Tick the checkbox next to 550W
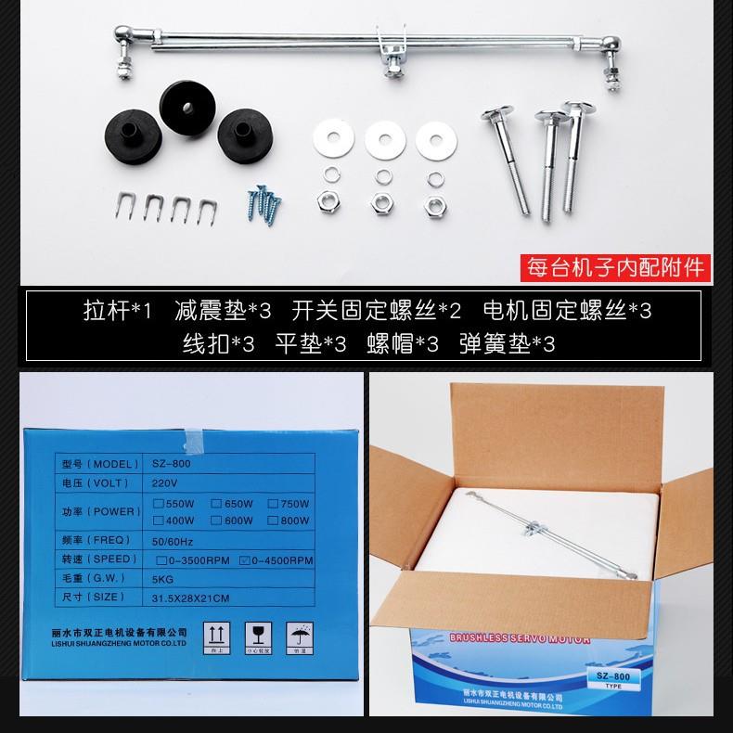pos(159,503)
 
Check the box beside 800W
pos(274,521)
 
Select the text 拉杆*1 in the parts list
pos(117,310)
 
